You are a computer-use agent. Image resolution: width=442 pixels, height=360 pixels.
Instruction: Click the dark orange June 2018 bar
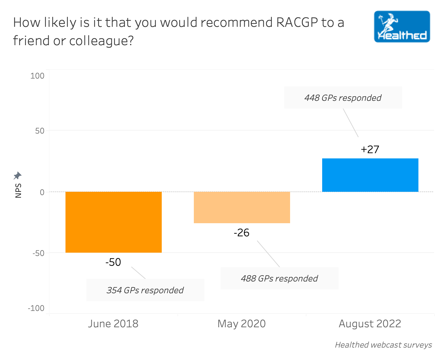click(113, 222)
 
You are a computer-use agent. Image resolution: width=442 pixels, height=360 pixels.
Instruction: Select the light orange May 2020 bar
click(242, 207)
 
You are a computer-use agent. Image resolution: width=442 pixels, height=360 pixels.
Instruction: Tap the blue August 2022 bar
click(370, 175)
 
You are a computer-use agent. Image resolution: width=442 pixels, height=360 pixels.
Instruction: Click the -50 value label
click(113, 262)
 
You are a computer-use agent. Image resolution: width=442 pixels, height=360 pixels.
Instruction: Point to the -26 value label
click(242, 233)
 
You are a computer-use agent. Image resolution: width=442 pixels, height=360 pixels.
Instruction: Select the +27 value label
click(370, 150)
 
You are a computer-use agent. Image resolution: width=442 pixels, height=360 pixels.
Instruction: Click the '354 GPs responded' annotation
click(145, 290)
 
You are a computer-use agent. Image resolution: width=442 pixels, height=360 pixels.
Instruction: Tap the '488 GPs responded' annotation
click(279, 279)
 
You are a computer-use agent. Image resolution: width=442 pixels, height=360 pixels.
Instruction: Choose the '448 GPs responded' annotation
click(343, 98)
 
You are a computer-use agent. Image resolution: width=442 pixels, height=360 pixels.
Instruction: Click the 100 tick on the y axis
click(37, 76)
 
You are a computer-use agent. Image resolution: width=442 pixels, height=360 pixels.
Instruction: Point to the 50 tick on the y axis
click(40, 131)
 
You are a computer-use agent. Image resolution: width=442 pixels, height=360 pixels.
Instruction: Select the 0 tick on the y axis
click(42, 192)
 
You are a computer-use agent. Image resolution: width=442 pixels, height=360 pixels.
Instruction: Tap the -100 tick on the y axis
click(36, 308)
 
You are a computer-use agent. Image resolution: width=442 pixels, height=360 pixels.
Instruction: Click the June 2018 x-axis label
click(113, 324)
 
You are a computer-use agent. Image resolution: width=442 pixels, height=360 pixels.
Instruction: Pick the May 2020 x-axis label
click(242, 324)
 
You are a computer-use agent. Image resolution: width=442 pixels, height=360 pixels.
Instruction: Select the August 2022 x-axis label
click(370, 324)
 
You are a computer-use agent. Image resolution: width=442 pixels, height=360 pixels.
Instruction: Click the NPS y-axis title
click(18, 190)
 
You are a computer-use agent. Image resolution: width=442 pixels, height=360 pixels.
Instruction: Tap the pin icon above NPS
click(17, 176)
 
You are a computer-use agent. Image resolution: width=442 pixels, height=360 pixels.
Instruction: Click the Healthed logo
click(402, 27)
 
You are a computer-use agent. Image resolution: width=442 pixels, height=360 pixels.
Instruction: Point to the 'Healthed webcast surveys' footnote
click(383, 345)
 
